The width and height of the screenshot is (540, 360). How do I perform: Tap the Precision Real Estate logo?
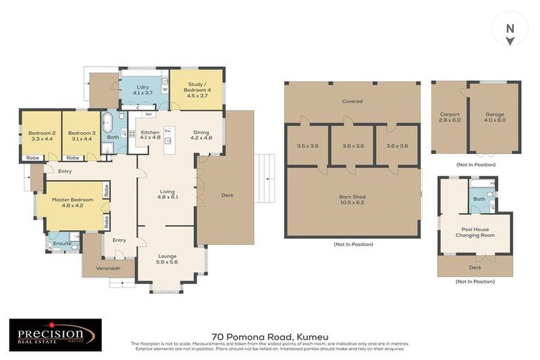[x=55, y=335]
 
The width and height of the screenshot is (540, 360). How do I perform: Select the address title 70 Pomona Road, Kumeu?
[x=270, y=337]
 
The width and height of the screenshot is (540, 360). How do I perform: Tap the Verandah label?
[x=103, y=268]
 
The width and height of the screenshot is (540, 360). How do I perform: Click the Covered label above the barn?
[x=352, y=101]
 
